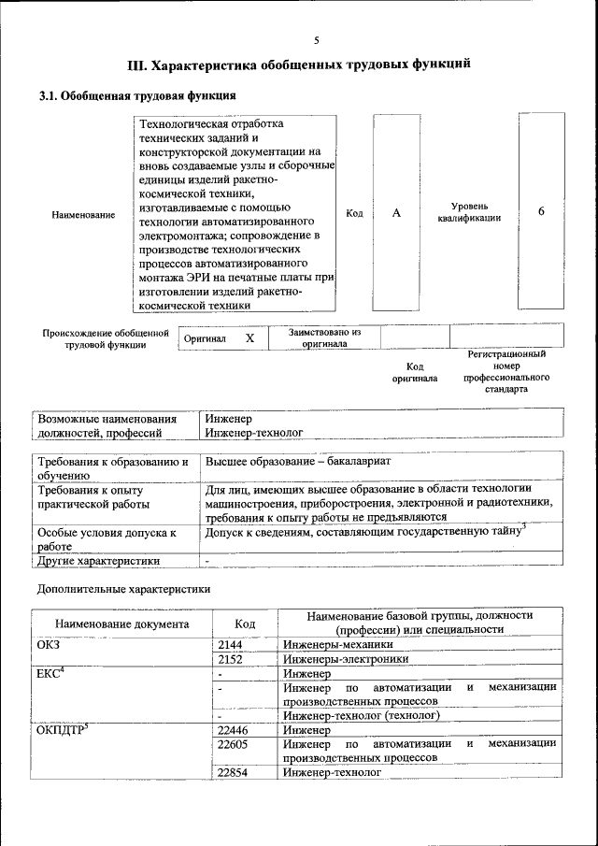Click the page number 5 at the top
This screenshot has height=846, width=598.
click(317, 40)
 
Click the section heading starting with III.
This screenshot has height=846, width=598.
click(298, 65)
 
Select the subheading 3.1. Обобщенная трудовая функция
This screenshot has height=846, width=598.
click(135, 95)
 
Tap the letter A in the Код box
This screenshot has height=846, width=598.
click(396, 213)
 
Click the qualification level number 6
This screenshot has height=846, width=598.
click(541, 211)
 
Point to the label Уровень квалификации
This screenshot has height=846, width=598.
click(469, 212)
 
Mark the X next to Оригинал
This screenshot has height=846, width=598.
click(249, 337)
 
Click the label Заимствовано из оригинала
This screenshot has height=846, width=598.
click(324, 337)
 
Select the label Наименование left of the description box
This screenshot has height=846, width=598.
click(84, 215)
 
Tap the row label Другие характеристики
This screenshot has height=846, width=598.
click(98, 561)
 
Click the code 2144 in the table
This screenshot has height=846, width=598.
click(230, 644)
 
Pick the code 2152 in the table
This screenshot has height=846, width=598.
click(230, 658)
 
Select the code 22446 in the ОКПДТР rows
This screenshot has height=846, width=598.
click(233, 730)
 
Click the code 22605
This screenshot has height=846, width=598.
click(233, 744)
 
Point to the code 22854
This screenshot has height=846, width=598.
click(233, 773)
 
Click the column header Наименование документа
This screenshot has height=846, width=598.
click(121, 624)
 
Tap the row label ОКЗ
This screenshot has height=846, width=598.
click(48, 644)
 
